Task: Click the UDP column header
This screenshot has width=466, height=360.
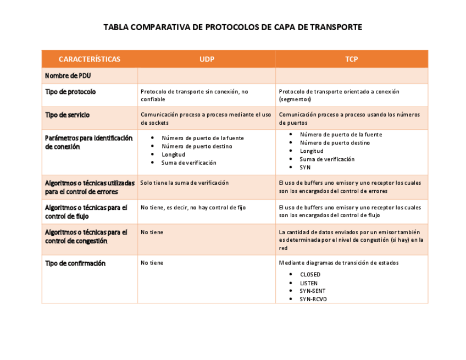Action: click(207, 59)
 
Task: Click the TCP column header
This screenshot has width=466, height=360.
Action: click(352, 59)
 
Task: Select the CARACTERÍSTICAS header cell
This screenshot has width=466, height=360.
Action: click(90, 59)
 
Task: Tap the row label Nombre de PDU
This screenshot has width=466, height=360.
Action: click(68, 76)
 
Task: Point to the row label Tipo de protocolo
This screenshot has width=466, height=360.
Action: click(70, 92)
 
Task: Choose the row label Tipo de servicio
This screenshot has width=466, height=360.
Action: click(67, 115)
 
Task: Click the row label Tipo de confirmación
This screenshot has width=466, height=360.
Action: click(75, 263)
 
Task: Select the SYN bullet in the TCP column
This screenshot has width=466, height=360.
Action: click(305, 167)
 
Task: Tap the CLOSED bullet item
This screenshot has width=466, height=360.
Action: click(310, 274)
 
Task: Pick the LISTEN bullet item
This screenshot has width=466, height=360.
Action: click(309, 283)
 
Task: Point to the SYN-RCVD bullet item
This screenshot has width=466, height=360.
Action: click(313, 299)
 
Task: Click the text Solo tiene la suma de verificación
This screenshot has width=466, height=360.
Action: click(185, 182)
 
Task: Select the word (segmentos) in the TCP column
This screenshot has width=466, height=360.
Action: click(295, 99)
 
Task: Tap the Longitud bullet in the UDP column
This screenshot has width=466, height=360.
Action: click(173, 154)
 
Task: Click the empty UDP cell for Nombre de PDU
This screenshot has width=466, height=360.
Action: click(206, 76)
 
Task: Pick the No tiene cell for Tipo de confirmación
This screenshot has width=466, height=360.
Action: click(152, 263)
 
